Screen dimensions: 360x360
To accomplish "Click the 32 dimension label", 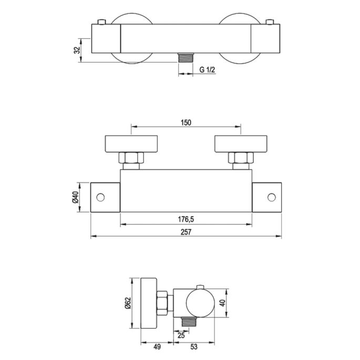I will pos(77,50).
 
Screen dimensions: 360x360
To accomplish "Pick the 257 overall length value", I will pos(186,231).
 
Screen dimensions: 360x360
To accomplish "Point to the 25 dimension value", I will pos(181,335).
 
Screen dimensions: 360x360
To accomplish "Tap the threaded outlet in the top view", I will pos(185,57).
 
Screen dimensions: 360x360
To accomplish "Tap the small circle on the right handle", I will pos(271,197).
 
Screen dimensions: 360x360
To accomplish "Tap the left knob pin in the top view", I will pos(101,22).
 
